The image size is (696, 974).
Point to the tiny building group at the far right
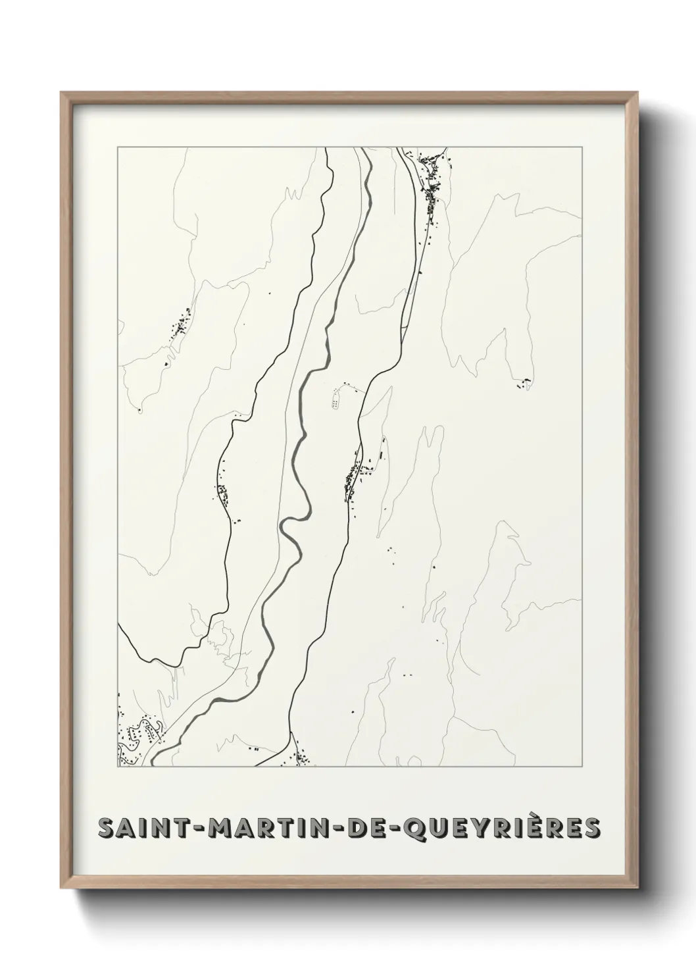(526, 383)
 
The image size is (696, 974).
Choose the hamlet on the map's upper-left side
(179, 325)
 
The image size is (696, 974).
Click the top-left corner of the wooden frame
(62, 93)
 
